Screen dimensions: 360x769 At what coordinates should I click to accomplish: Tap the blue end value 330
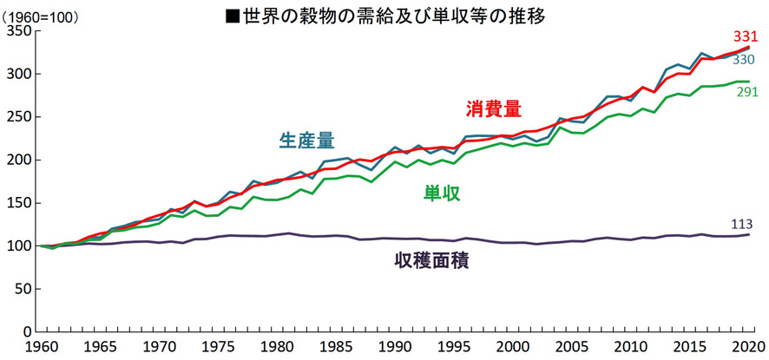(x=742, y=60)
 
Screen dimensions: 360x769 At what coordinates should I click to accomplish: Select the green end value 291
(x=748, y=91)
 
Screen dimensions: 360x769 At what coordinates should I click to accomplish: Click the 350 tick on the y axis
(x=18, y=31)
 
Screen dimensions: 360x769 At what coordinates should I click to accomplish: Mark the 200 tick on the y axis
(x=18, y=160)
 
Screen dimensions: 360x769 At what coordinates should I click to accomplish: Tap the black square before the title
(x=231, y=16)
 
